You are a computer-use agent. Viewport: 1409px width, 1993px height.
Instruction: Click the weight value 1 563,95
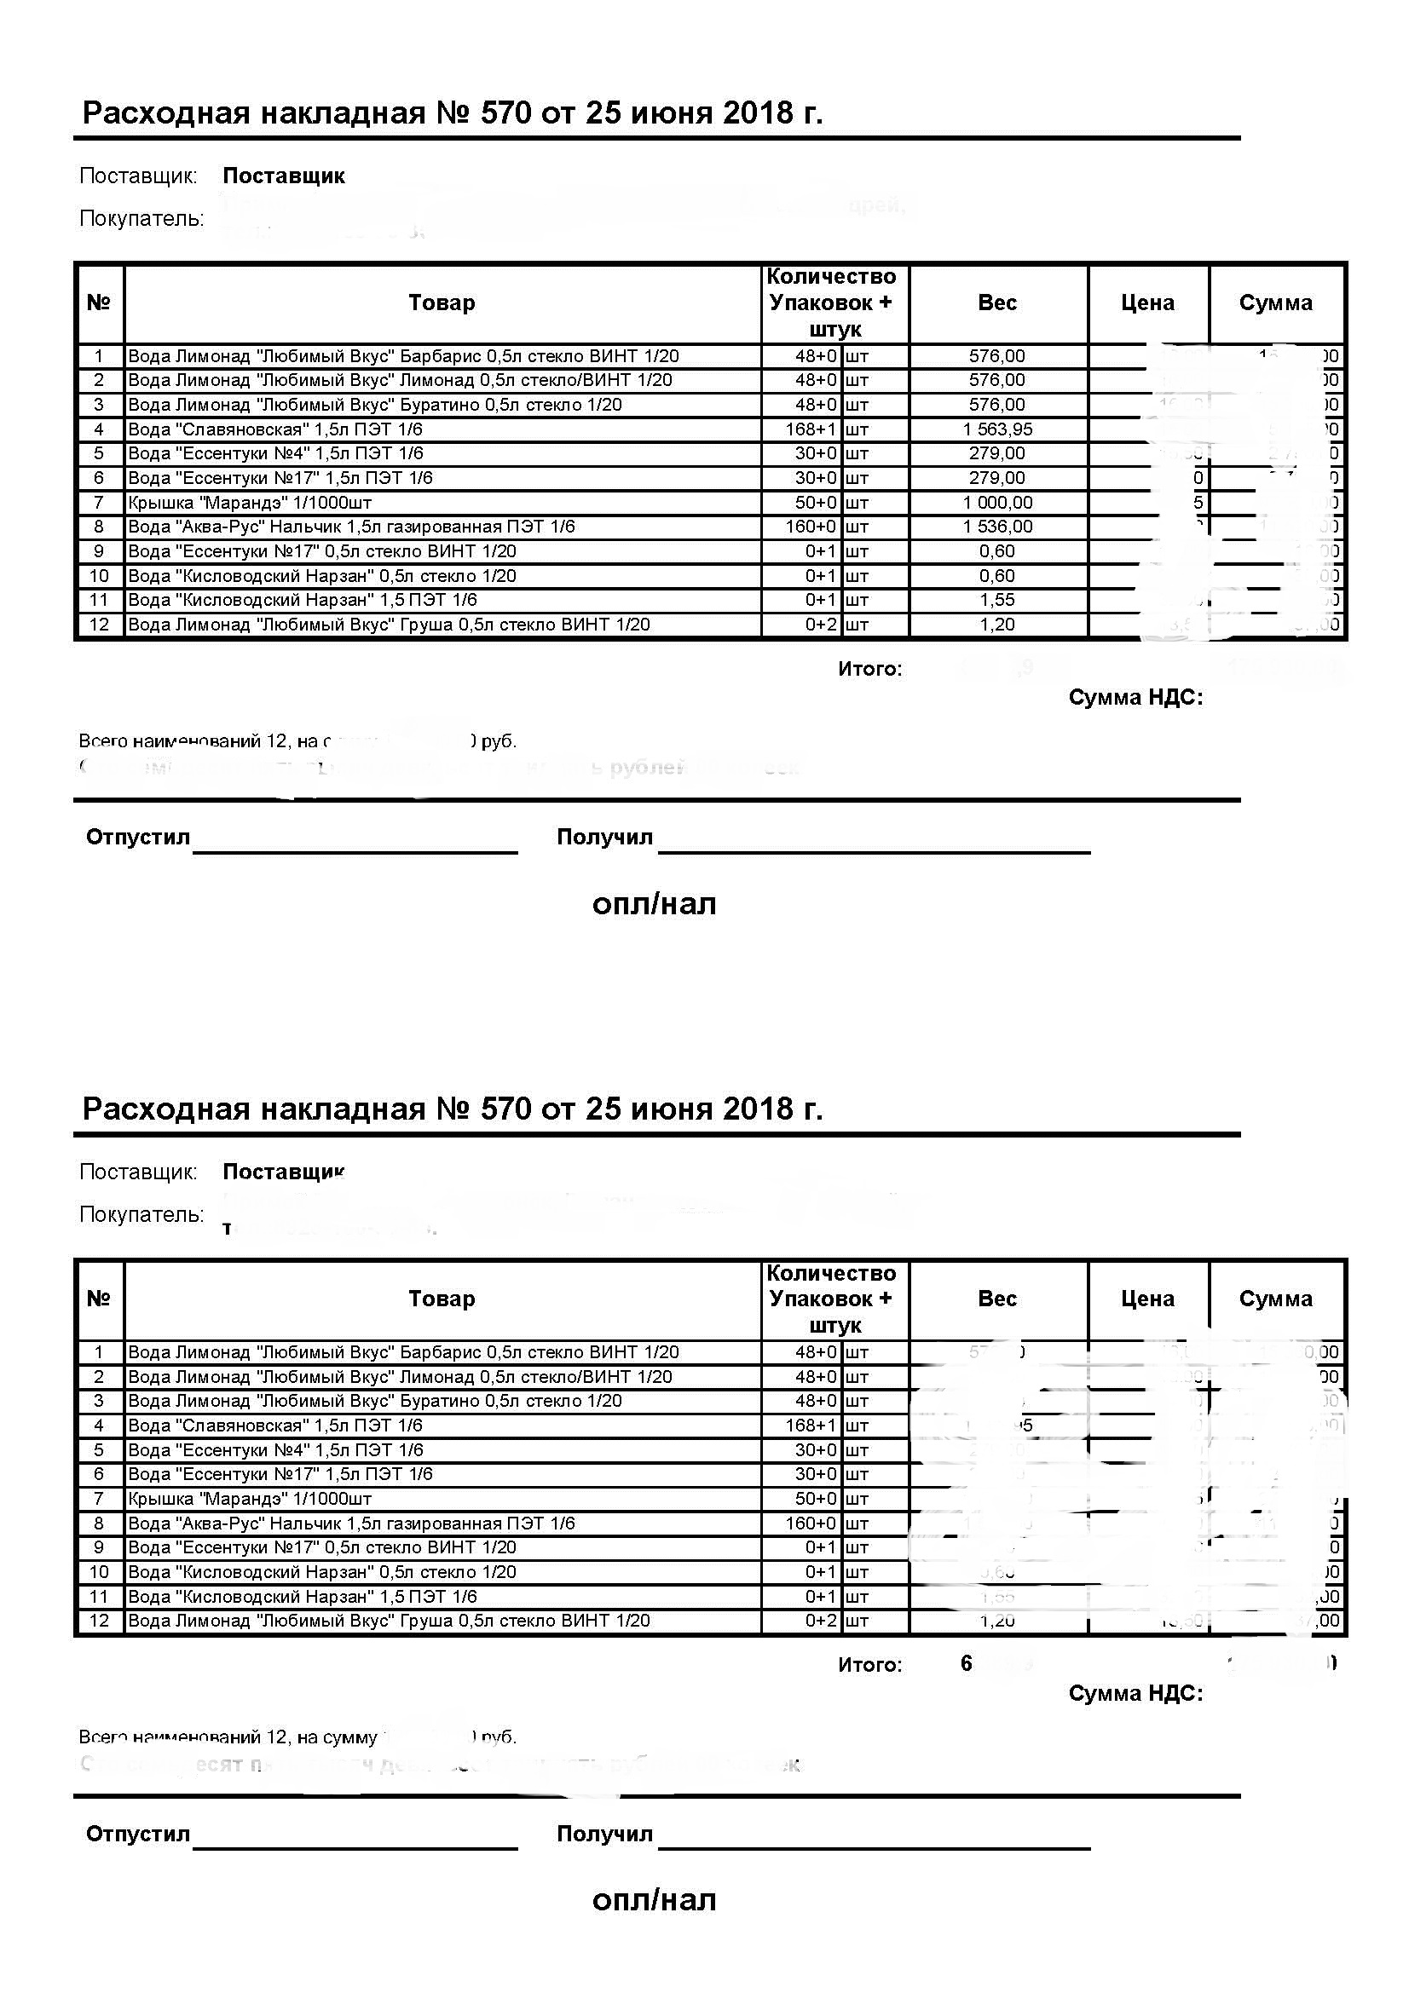(996, 429)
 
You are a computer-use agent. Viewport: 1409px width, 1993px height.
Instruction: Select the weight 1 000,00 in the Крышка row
(996, 503)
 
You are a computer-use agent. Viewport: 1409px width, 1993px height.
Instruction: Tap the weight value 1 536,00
(996, 527)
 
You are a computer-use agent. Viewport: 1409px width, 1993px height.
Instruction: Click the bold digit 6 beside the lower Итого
(967, 1663)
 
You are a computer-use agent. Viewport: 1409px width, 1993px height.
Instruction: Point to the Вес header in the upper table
(996, 303)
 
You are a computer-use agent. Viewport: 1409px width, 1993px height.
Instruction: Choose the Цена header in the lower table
(1146, 1299)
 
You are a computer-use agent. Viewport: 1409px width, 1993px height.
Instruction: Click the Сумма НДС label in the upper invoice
(1135, 698)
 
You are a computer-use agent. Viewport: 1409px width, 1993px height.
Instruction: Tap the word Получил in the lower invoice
(604, 1835)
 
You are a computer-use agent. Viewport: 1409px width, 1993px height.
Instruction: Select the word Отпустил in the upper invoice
(137, 838)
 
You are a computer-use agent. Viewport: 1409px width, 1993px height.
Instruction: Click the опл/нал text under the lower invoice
(654, 1900)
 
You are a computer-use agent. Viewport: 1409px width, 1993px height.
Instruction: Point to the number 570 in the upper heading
(505, 112)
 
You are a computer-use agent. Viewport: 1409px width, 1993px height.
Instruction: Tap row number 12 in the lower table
(99, 1621)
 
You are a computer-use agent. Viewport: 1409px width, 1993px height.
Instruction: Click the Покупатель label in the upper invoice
(141, 219)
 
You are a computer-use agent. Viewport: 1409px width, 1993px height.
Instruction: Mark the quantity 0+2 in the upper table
(820, 625)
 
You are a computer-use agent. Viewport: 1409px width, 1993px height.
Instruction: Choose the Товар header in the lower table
(442, 1299)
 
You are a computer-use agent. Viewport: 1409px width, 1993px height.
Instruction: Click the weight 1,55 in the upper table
(996, 600)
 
